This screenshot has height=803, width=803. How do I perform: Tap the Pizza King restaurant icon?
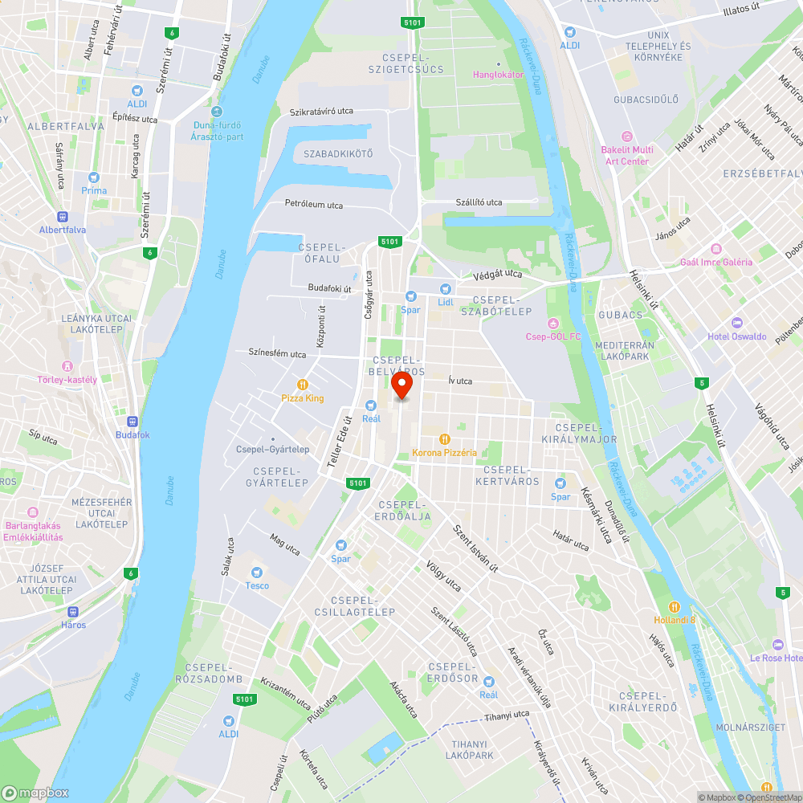303,384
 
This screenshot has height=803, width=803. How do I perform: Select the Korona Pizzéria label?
444,452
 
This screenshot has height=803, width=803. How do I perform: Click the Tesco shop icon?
257,573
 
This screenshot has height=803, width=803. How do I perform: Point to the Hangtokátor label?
498,75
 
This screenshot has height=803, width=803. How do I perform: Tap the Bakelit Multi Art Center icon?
627,137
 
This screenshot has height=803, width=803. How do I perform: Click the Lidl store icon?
445,289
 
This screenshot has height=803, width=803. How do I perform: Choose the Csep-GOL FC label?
552,336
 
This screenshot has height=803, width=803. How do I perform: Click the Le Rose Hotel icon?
777,645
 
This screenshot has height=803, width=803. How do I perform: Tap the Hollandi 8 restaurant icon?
675,606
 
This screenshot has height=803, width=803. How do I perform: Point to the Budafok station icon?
132,422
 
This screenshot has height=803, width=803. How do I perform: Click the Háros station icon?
73,612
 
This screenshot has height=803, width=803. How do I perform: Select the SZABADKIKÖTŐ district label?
338,154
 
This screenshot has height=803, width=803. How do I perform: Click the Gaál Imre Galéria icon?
716,249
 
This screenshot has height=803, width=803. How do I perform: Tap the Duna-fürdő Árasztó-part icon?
218,112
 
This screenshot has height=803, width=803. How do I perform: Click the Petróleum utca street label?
314,205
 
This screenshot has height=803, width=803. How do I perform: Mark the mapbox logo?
35,793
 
